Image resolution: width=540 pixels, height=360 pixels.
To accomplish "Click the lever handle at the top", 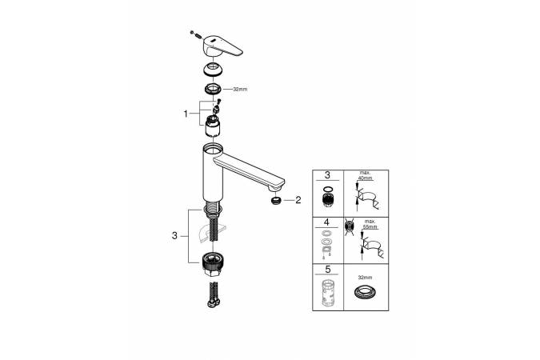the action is point(222,46).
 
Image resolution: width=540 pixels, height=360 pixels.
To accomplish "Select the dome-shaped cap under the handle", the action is point(212,70).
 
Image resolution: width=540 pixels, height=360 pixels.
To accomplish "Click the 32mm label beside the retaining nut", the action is point(240,90).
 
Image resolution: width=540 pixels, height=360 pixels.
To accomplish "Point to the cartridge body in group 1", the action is point(213,126).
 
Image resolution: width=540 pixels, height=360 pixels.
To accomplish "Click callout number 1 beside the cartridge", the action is point(186,114).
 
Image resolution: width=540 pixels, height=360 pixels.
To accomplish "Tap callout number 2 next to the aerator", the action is point(298,200).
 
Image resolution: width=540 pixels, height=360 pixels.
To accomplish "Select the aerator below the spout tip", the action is point(276,200).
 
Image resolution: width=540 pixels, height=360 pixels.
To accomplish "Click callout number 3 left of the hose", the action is point(174,236).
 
